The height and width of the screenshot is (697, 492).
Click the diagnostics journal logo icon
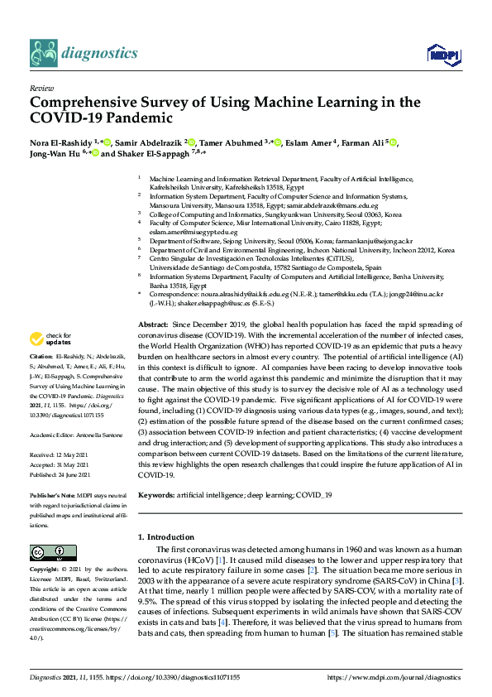point(43,52)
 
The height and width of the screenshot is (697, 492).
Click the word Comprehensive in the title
point(79,103)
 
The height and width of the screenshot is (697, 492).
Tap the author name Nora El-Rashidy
point(60,142)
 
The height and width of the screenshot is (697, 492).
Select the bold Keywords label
point(157,494)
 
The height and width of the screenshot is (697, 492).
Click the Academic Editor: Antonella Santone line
point(78,434)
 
